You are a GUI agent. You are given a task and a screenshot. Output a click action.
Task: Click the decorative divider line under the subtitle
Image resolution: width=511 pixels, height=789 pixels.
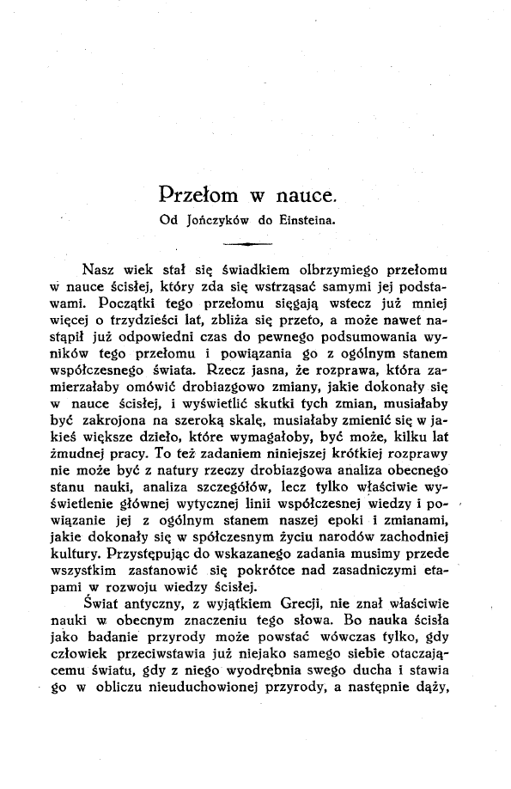click(x=246, y=244)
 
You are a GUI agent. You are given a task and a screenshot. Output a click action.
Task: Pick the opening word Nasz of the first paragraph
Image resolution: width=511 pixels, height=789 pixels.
click(x=100, y=266)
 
